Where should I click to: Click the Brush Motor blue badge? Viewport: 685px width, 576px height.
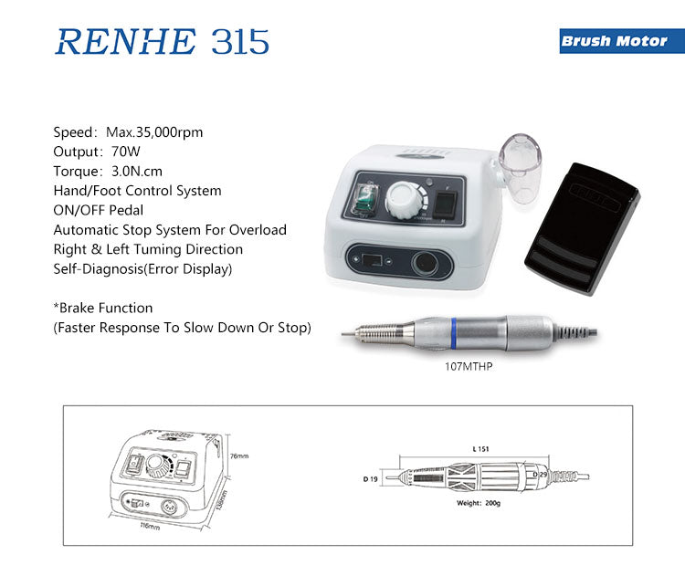click(x=622, y=41)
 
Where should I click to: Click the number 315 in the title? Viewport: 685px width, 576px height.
click(x=240, y=42)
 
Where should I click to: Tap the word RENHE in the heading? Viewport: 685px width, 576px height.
click(x=125, y=42)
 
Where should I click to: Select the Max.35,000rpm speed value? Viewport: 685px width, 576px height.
click(x=154, y=131)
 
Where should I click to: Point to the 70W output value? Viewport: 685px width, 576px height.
click(x=126, y=152)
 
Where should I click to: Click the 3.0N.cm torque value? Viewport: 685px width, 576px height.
click(x=137, y=172)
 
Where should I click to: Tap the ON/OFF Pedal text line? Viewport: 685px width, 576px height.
click(x=99, y=210)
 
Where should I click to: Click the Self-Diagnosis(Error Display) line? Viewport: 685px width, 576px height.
click(x=142, y=269)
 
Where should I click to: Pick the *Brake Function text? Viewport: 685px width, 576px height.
click(x=103, y=308)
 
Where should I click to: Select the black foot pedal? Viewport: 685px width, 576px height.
click(x=582, y=228)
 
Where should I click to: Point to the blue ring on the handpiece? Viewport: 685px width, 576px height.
click(x=453, y=333)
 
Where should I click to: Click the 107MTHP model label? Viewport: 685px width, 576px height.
click(x=469, y=366)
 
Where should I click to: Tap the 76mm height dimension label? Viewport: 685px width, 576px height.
click(x=239, y=456)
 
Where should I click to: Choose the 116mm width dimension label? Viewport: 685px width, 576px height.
click(x=150, y=526)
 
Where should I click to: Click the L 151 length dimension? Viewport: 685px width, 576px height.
click(x=481, y=449)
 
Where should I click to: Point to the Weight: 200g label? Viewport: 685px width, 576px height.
click(x=479, y=503)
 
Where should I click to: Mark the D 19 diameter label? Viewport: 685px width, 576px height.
click(x=370, y=479)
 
